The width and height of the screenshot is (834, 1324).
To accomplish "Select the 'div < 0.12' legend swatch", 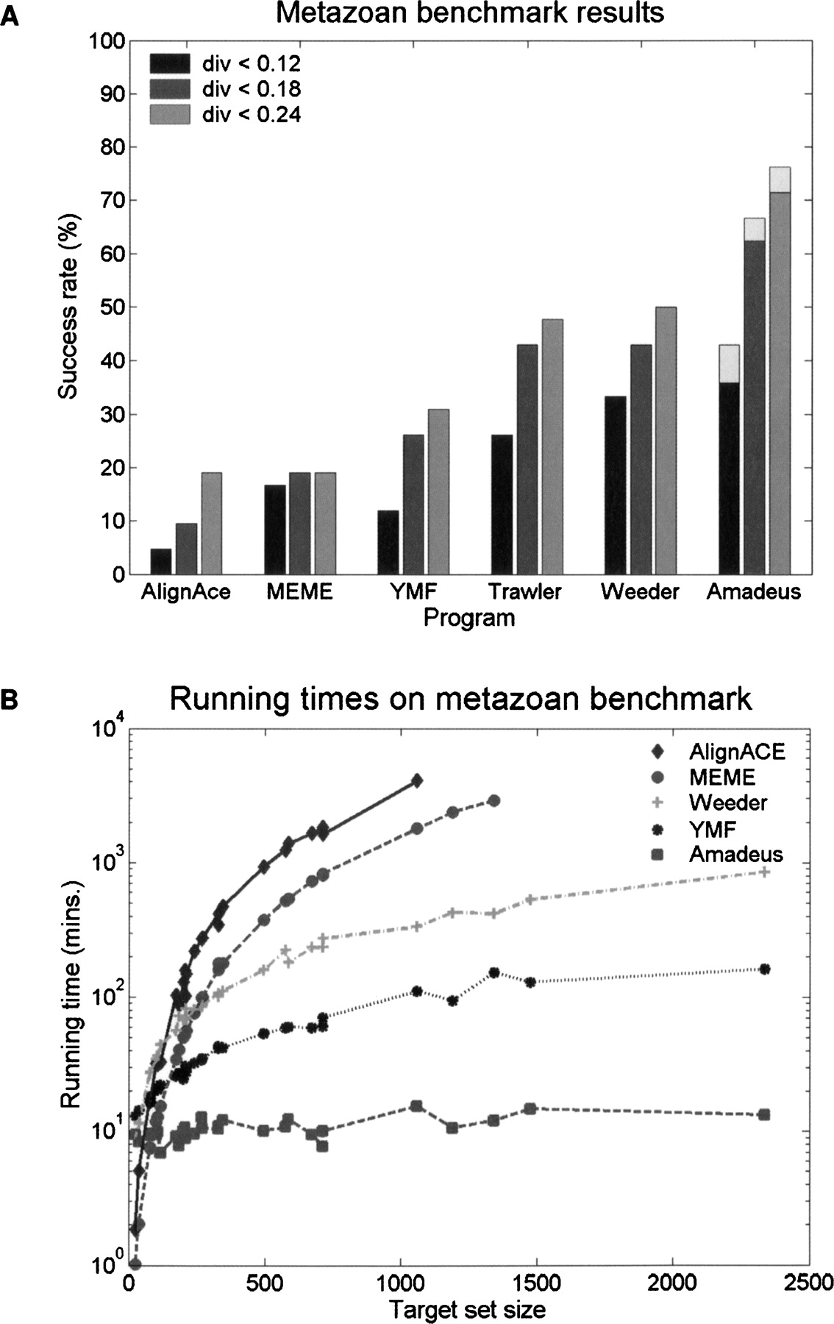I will coord(169,63).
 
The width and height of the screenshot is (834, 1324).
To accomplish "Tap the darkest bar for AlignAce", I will coord(161,561).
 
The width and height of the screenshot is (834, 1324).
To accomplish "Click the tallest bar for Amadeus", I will coord(780,371).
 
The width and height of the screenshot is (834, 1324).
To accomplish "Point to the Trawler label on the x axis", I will coord(526,592).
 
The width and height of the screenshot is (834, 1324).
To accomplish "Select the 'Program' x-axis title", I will coord(469,618).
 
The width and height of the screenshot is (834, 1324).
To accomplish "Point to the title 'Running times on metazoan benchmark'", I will coord(461,699).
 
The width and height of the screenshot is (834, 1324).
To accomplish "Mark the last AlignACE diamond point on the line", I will coord(417,781).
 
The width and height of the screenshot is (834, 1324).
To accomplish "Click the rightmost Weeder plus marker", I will coord(765,872).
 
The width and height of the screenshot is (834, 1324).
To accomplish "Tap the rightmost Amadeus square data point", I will coord(764,1114).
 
